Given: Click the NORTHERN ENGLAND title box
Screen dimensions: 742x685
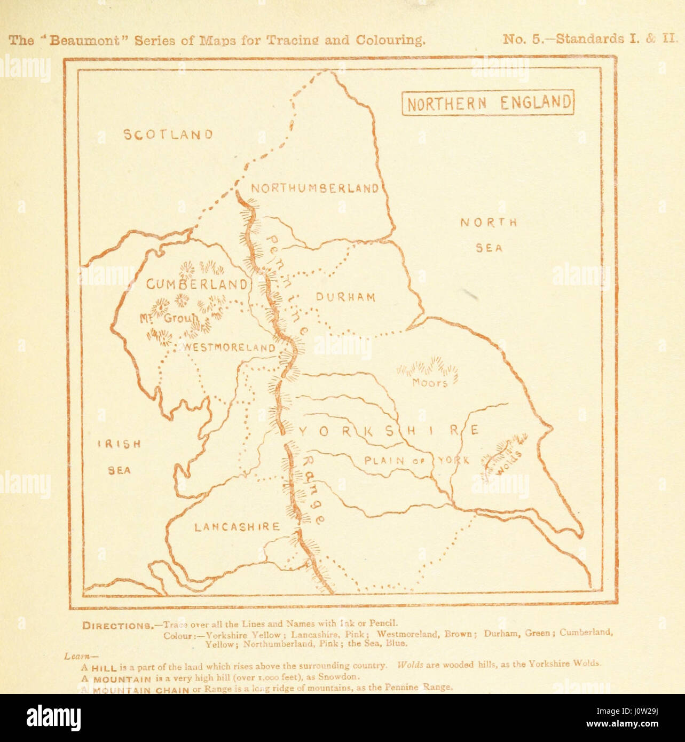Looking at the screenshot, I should coord(487,102).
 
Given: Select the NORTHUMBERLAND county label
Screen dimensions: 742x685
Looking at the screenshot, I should coord(315,188).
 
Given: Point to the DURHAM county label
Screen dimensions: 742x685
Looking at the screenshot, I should coord(346,297).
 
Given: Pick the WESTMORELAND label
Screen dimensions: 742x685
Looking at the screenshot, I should coord(230,348).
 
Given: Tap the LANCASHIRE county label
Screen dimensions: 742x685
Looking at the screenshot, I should coord(237,527).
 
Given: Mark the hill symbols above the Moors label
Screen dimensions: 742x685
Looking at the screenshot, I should coord(427,366).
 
